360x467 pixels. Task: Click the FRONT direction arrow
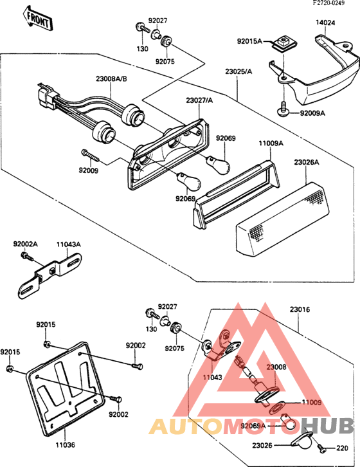[x=37, y=19]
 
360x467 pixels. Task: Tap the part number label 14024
[x=325, y=23]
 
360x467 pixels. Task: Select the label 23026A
[x=307, y=162]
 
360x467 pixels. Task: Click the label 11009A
[x=271, y=144]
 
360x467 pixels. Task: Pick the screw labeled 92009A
[x=283, y=109]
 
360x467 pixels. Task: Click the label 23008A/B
[x=111, y=79]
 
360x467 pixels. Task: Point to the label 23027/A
[x=199, y=100]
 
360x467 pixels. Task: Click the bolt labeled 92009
[x=89, y=156]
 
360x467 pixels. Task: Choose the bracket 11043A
[x=50, y=275]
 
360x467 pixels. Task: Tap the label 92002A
[x=25, y=244]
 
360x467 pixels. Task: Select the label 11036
[x=65, y=445]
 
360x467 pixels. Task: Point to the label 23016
[x=300, y=309]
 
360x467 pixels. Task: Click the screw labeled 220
[x=321, y=447]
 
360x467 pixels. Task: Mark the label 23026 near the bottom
[x=262, y=445]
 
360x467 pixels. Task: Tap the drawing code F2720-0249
[x=328, y=3]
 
